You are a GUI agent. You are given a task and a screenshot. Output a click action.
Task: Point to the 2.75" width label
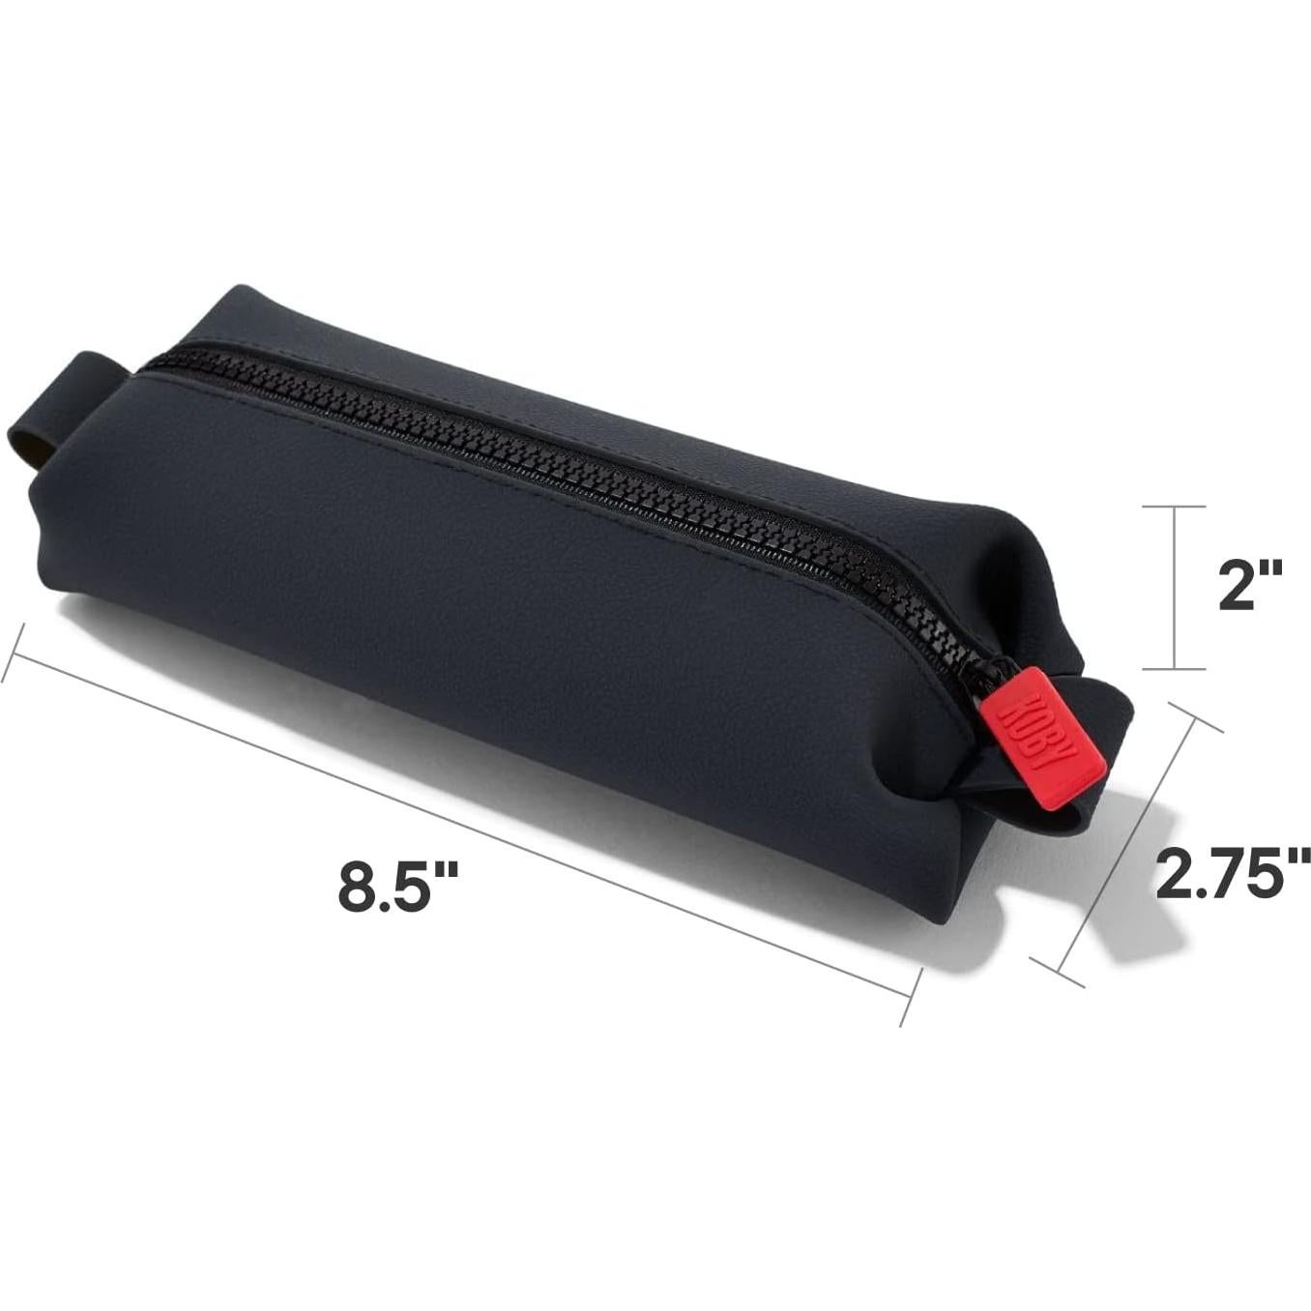tap(1233, 872)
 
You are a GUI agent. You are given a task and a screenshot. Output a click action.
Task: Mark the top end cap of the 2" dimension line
tap(1174, 506)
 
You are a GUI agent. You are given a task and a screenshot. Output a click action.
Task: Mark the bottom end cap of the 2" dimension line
tap(1174, 668)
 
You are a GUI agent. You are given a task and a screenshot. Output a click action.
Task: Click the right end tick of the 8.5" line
tap(909, 995)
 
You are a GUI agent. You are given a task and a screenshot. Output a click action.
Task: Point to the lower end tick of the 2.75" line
tap(1057, 973)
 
